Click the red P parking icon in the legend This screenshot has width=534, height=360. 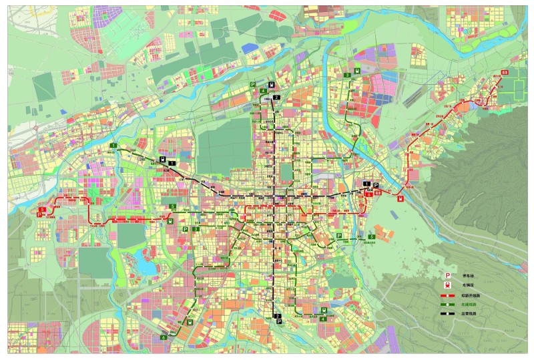[449, 275]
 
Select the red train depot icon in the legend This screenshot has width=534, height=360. [449, 284]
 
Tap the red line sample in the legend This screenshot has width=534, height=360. [449, 294]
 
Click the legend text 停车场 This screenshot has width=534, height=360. [467, 275]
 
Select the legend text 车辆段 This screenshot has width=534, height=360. [467, 284]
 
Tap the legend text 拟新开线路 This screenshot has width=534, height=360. [469, 294]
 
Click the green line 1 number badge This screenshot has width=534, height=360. [113, 146]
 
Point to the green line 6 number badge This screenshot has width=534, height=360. [163, 338]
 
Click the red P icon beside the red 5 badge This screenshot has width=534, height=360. [41, 215]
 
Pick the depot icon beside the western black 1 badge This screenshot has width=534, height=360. [163, 159]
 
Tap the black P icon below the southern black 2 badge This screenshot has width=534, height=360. [278, 322]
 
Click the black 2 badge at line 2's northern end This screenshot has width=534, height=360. [276, 98]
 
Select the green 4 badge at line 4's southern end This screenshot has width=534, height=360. [323, 319]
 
